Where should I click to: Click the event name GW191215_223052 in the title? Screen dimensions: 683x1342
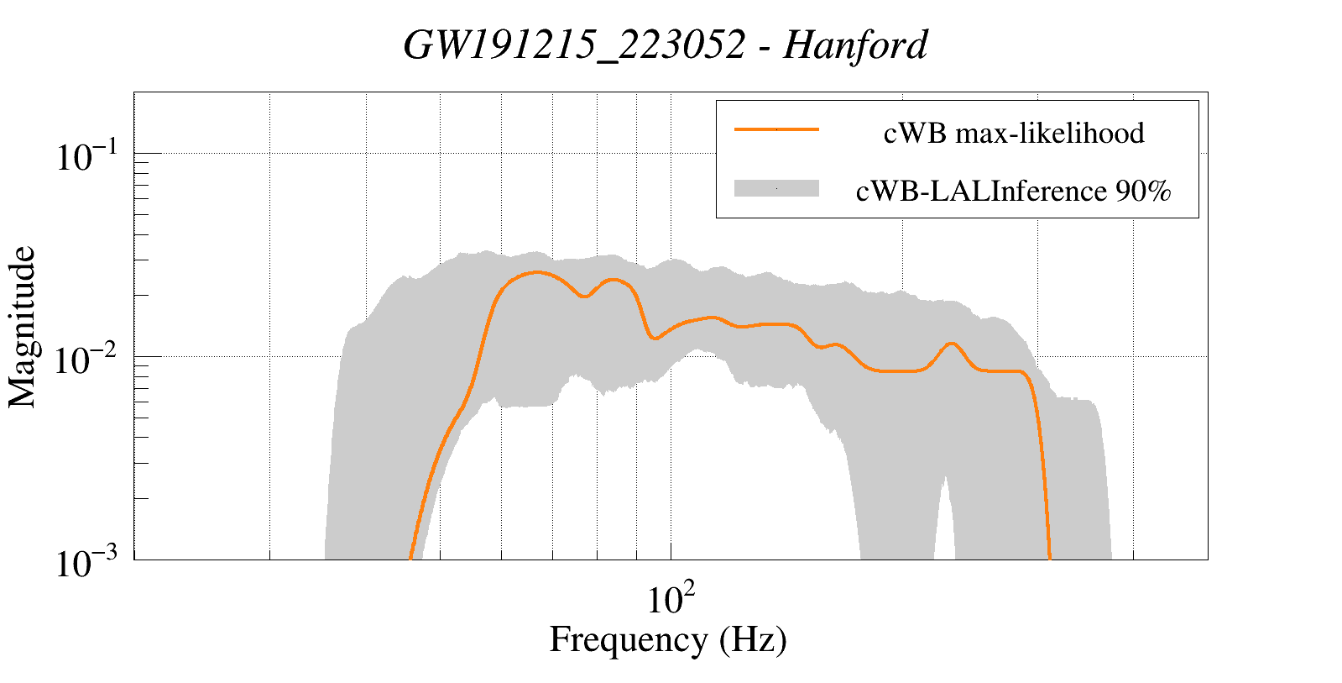574,45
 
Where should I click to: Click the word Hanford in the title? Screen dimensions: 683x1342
855,45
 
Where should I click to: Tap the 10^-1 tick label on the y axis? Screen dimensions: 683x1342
88,156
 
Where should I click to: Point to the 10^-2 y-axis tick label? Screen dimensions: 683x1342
88,360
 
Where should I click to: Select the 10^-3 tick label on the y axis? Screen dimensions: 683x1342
88,563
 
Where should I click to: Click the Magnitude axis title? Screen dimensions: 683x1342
23,326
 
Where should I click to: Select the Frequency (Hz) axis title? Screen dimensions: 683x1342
668,640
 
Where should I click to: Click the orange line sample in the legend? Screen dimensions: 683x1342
775,129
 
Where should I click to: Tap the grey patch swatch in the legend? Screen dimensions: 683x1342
775,189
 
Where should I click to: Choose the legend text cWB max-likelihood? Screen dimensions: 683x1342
1013,134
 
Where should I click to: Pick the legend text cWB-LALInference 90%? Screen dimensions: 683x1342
1012,192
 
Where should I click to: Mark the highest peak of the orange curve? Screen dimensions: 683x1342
536,272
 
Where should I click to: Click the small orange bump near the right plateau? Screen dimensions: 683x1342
951,344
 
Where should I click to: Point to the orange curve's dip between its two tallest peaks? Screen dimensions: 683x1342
585,297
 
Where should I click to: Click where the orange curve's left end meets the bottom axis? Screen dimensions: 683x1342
410,558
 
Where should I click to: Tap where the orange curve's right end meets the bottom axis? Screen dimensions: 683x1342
1049,558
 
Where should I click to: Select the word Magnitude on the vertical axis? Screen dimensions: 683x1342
23,326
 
